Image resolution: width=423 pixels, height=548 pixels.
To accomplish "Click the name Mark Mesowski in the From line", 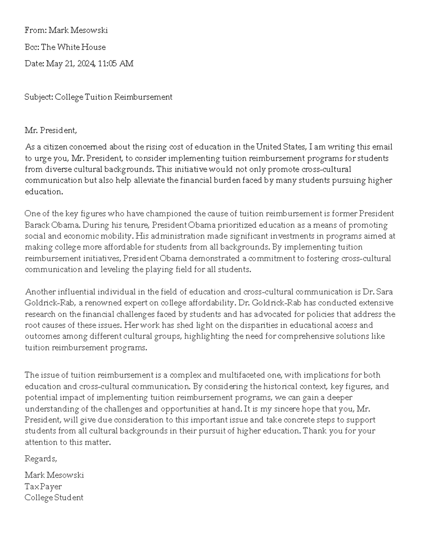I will pyautogui.click(x=78, y=30).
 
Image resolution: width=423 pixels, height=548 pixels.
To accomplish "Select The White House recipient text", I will pyautogui.click(x=73, y=47).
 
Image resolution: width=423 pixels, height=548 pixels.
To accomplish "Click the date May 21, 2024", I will pyautogui.click(x=70, y=64).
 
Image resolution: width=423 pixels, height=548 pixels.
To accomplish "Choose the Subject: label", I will pyautogui.click(x=39, y=97).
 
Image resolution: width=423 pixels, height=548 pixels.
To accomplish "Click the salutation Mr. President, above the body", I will pyautogui.click(x=51, y=131).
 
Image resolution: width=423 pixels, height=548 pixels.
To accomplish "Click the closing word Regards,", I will pyautogui.click(x=41, y=459).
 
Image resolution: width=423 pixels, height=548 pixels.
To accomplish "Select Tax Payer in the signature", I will pyautogui.click(x=43, y=487).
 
